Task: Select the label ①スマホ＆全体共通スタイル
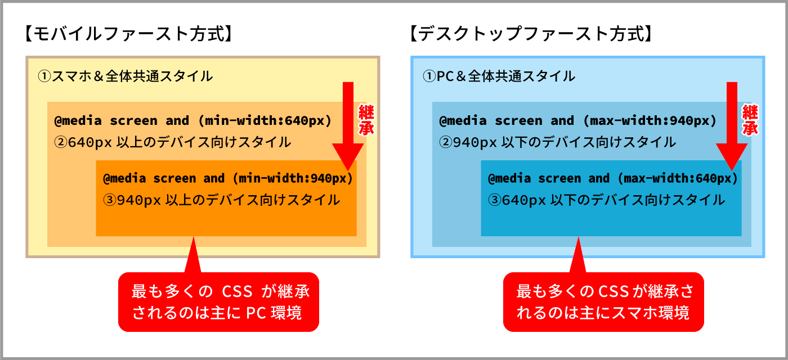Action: pos(125,76)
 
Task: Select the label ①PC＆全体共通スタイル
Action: pos(499,76)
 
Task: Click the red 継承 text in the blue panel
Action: pos(750,120)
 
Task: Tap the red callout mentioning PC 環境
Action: pos(218,302)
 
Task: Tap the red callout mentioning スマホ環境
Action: pos(603,302)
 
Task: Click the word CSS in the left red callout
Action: pos(237,292)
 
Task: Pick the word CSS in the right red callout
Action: pos(613,292)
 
